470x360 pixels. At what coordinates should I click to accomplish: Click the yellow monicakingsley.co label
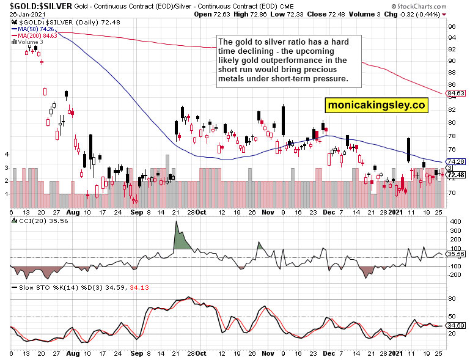click(x=376, y=105)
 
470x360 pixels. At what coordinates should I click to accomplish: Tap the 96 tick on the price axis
click(x=451, y=26)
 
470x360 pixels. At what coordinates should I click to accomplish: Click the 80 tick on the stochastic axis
click(x=450, y=298)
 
